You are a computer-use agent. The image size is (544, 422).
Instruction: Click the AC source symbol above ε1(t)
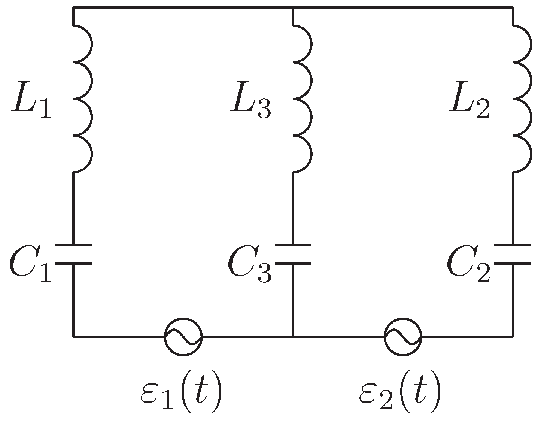coord(183,336)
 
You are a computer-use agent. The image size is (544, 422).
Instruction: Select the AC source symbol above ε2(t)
coord(403,336)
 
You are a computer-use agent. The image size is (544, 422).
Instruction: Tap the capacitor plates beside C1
coord(73,255)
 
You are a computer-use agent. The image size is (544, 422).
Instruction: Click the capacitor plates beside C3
coord(293,255)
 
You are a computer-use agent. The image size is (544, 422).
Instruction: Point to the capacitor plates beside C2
coord(513,255)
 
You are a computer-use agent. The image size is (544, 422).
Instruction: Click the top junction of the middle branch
coord(293,7)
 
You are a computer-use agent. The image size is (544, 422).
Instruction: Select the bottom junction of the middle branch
coord(293,336)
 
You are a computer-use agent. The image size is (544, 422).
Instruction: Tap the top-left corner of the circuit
coord(73,7)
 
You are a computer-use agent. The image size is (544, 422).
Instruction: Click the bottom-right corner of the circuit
coord(513,336)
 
